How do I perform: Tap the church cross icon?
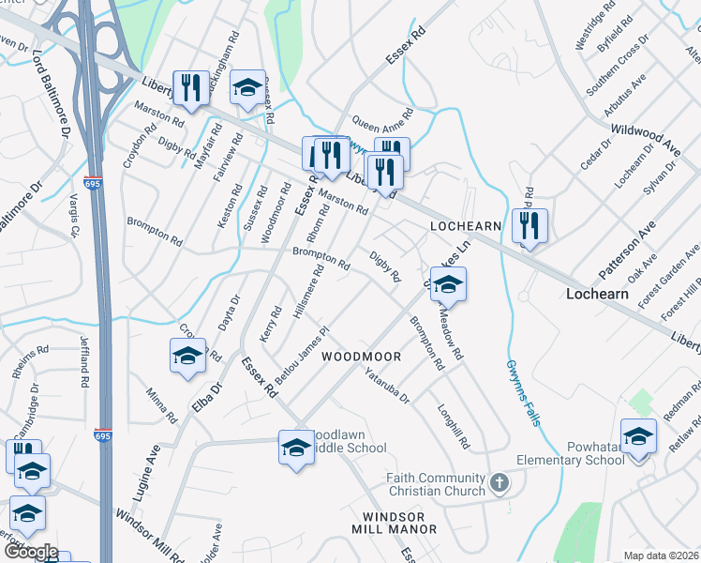pyautogui.click(x=500, y=485)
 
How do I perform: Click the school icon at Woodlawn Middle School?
pyautogui.click(x=296, y=447)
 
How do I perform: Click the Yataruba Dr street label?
pyautogui.click(x=387, y=385)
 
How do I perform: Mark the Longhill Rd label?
pyautogui.click(x=454, y=426)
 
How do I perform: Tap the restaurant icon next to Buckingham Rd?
pyautogui.click(x=191, y=88)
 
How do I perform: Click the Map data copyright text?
pyautogui.click(x=661, y=555)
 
